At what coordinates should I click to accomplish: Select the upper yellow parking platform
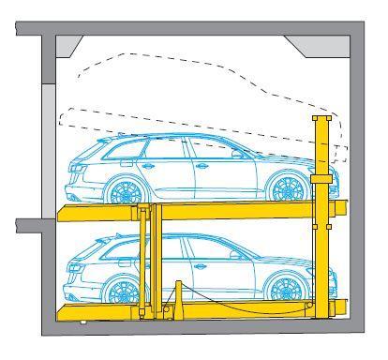pos(201,210)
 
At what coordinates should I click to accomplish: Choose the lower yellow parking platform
pos(201,309)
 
